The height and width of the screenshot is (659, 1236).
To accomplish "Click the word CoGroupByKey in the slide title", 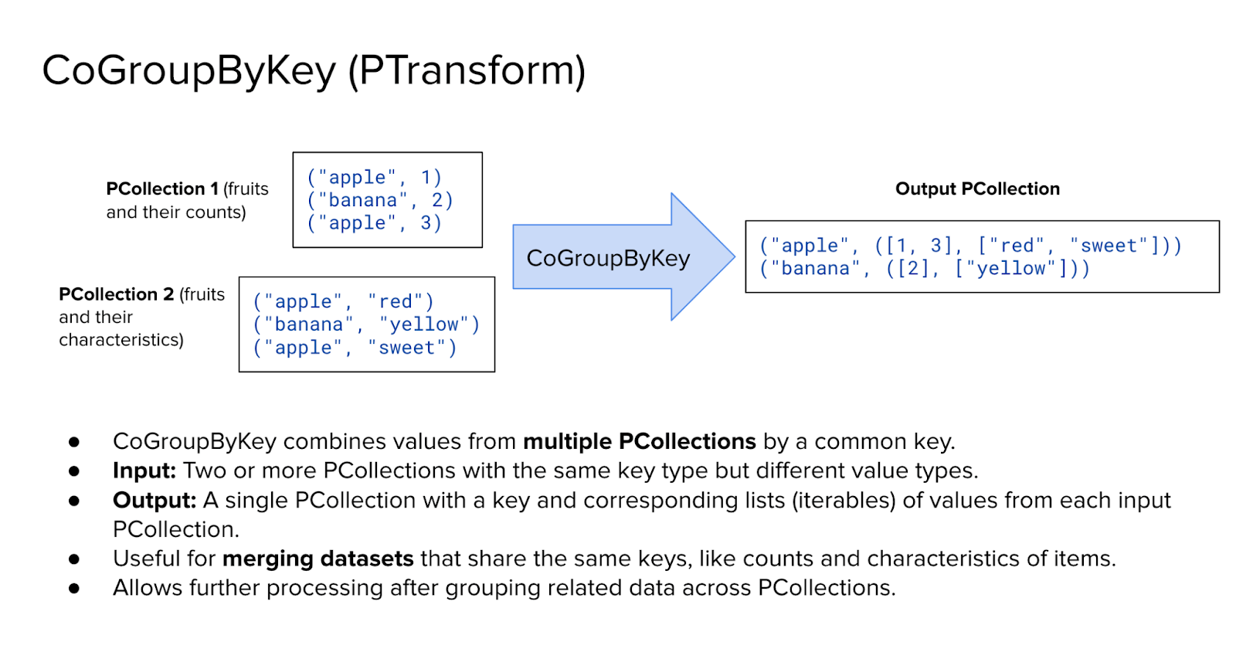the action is click(189, 70).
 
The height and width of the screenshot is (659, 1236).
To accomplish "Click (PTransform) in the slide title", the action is click(467, 70).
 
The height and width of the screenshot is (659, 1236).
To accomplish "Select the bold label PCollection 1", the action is click(162, 189).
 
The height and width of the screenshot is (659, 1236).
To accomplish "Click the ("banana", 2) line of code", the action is click(379, 200).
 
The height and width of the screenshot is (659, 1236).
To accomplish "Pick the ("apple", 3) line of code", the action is click(374, 223).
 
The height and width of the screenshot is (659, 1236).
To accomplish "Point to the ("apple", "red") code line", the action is click(344, 301).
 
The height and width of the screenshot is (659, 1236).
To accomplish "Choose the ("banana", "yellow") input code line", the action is click(366, 324).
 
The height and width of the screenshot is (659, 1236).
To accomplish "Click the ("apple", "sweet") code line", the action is click(355, 348).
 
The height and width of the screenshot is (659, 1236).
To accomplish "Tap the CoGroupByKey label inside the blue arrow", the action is click(608, 258).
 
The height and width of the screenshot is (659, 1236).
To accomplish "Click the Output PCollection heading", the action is click(977, 189).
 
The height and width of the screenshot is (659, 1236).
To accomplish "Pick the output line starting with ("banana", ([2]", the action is click(925, 268).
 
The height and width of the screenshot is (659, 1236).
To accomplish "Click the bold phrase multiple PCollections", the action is click(639, 441).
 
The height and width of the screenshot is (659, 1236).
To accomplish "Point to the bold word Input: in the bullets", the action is click(144, 470).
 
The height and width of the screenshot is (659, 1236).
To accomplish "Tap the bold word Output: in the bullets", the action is click(154, 500).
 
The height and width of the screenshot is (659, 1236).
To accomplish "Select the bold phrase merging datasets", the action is click(318, 559).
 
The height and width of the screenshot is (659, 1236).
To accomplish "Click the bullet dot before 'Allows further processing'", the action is click(74, 588).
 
